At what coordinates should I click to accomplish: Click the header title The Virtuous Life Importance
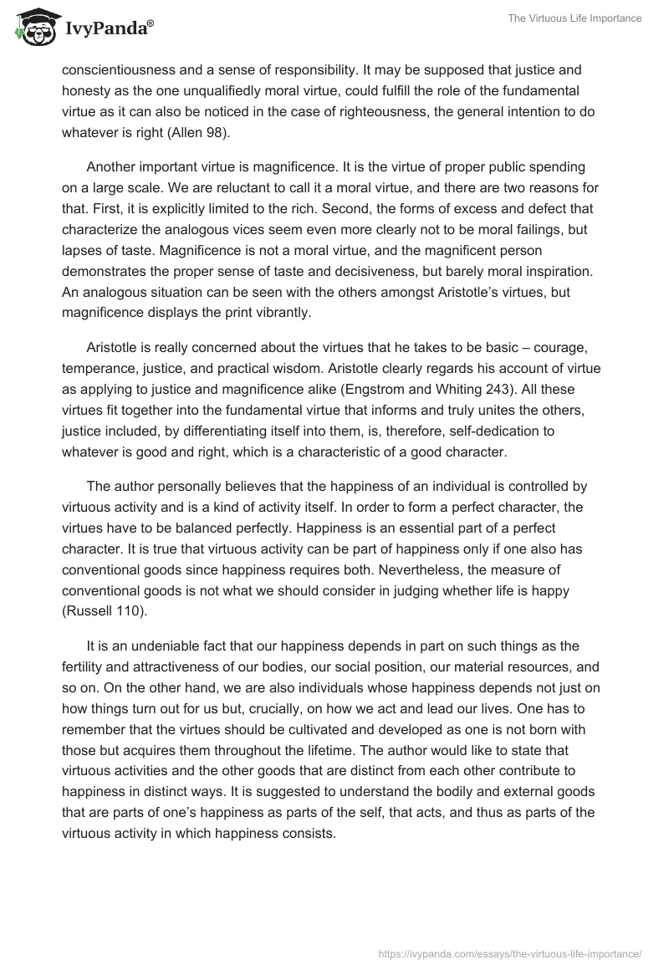pos(575,18)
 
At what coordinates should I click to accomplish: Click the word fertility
pos(83,667)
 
